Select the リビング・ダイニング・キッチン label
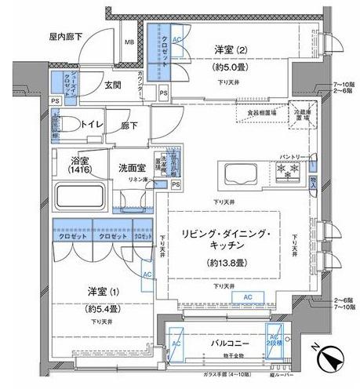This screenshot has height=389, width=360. point(227,241)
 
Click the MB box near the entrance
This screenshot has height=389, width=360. point(129,42)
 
